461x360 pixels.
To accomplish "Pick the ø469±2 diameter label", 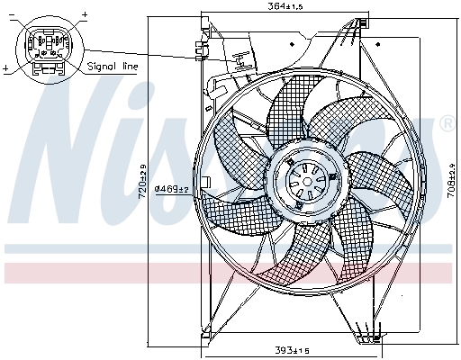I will pos(170,188).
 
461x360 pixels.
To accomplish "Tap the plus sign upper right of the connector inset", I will pos(85,15).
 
